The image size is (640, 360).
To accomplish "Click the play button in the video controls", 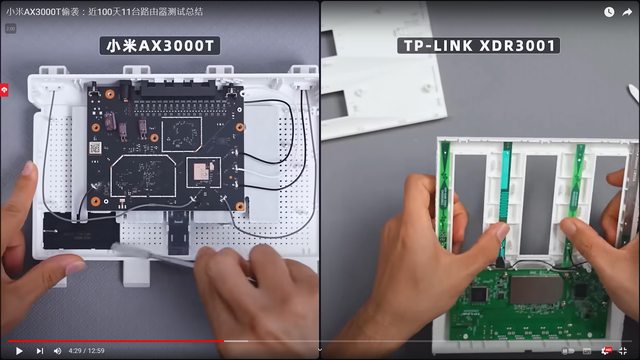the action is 19,351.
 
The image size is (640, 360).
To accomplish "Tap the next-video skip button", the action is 40,351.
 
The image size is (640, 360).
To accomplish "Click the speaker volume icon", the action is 58,351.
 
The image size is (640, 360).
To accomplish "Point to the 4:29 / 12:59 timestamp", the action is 87,351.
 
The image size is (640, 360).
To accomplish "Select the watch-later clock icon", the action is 609,12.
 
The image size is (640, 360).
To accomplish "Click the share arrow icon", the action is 627,12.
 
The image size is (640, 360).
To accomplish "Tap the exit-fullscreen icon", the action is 623,351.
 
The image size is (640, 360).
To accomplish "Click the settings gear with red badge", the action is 606,351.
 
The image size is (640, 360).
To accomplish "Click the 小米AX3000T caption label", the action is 160,46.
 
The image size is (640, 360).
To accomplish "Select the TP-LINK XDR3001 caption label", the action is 479,45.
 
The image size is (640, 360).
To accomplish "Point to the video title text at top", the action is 104,12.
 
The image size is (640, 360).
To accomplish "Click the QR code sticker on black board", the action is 96,148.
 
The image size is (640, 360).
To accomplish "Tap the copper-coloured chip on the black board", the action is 200,171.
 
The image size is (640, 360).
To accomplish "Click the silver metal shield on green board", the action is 536,289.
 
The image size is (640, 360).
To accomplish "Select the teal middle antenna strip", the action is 505,196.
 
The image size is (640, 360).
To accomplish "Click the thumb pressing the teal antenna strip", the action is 501,234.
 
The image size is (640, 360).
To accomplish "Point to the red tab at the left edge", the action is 4,90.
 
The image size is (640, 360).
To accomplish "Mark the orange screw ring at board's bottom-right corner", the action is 240,207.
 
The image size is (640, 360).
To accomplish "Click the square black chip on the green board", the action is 479,294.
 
